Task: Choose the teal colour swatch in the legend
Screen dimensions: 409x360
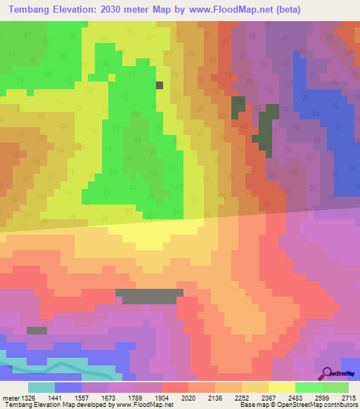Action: (41, 387)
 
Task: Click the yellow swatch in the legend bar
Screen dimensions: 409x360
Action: (281, 387)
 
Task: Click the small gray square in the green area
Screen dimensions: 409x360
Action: (160, 85)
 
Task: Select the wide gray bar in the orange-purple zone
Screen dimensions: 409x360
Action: (149, 296)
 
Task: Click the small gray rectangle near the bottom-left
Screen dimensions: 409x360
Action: (37, 330)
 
